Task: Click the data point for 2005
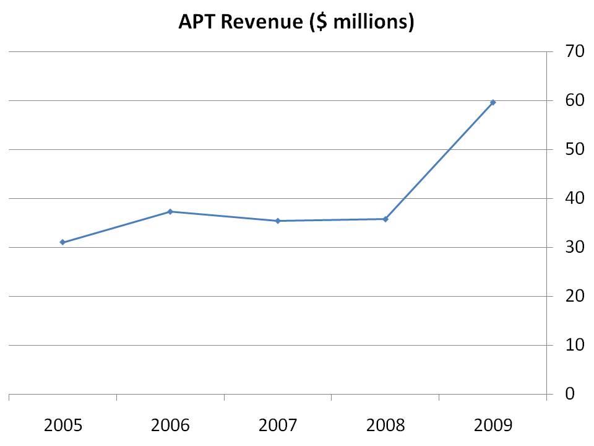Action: [62, 242]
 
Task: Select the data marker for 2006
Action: [170, 212]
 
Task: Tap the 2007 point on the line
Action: [278, 221]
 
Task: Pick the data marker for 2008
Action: [385, 219]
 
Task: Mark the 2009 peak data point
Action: [493, 102]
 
